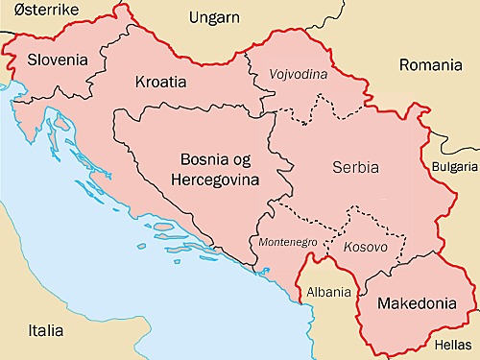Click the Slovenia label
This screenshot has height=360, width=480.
[x=58, y=60]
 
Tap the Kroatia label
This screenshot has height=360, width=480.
[x=160, y=82]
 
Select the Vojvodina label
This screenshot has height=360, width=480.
[x=299, y=74]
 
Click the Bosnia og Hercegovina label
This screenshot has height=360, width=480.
[x=212, y=169]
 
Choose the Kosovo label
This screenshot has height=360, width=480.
[x=365, y=247]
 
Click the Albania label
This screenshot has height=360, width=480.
[x=328, y=291]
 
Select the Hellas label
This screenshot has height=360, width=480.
[x=454, y=342]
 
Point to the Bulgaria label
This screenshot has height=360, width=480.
[x=453, y=166]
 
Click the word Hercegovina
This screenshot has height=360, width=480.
[x=212, y=180]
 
